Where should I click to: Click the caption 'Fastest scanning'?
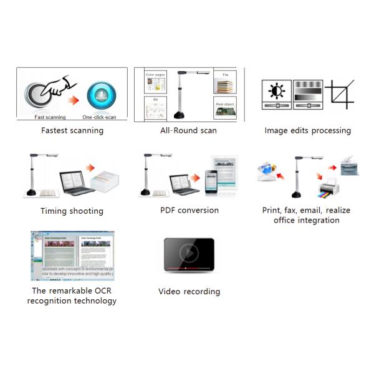(x=72, y=131)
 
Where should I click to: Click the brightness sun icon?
(x=276, y=91)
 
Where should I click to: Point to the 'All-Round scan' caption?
(x=188, y=130)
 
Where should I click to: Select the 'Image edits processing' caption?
(x=307, y=131)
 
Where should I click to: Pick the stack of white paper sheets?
(x=107, y=182)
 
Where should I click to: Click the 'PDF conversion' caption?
(x=189, y=210)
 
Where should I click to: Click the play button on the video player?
(x=188, y=253)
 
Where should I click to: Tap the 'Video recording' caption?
(x=189, y=291)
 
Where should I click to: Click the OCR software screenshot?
(x=72, y=256)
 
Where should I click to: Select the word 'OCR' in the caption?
(x=98, y=290)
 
